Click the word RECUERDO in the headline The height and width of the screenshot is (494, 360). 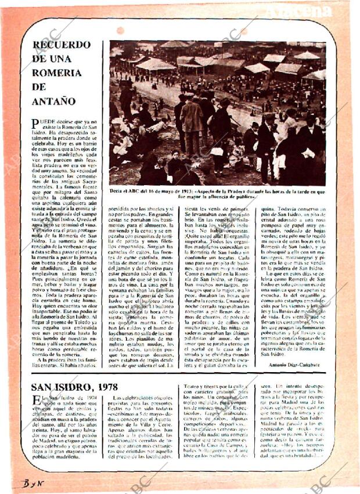[x=61, y=45]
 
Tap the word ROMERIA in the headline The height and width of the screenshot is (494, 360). [x=56, y=73]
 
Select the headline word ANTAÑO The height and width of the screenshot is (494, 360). [x=53, y=100]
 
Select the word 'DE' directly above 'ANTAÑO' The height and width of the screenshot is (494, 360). [x=39, y=86]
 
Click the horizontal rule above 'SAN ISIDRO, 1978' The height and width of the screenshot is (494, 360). [x=180, y=374]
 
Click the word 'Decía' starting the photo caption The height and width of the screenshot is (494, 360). [x=117, y=190]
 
